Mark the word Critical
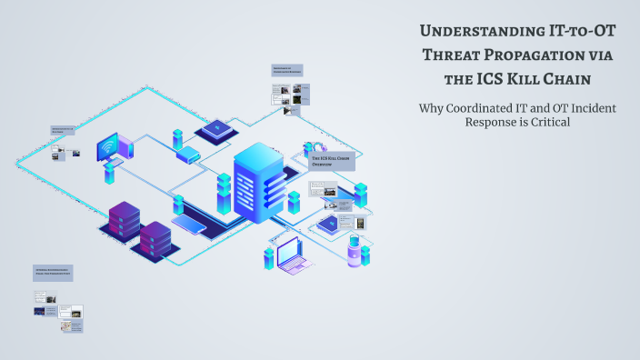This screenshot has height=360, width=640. click(547, 123)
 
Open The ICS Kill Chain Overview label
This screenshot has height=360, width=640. click(333, 162)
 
